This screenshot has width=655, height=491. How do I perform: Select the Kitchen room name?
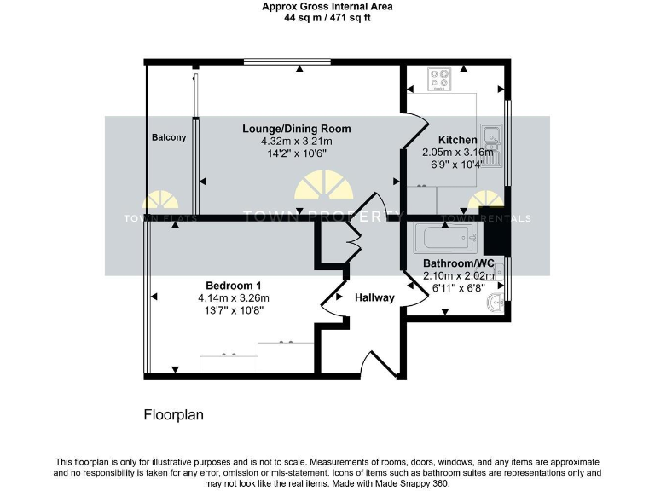pyautogui.click(x=457, y=140)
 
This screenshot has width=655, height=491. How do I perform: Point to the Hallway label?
pyautogui.click(x=374, y=297)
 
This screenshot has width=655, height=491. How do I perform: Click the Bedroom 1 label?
pyautogui.click(x=233, y=285)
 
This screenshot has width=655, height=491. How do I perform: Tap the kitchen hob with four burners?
pyautogui.click(x=440, y=79)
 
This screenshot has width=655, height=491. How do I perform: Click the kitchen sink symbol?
pyautogui.click(x=492, y=137)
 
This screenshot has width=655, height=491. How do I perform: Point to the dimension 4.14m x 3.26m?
pyautogui.click(x=233, y=297)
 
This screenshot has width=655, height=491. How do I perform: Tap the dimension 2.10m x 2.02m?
pyautogui.click(x=459, y=276)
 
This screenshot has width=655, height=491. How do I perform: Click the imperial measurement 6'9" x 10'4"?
pyautogui.click(x=453, y=165)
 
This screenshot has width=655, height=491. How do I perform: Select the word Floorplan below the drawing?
pyautogui.click(x=173, y=415)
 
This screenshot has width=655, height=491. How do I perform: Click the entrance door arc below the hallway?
pyautogui.click(x=381, y=364)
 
